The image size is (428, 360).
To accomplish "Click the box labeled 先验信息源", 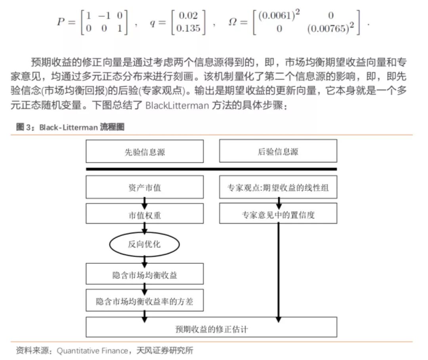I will pyautogui.click(x=145, y=151).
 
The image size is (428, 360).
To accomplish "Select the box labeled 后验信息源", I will pyautogui.click(x=278, y=151).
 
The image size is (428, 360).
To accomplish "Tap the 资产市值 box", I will pyautogui.click(x=145, y=187).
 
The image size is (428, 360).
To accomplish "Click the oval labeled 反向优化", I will pyautogui.click(x=144, y=244).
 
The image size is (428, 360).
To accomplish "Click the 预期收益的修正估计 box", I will pyautogui.click(x=211, y=327).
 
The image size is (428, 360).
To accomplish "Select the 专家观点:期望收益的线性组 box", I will pyautogui.click(x=278, y=187).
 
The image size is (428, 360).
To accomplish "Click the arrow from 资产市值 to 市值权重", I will pyautogui.click(x=145, y=201).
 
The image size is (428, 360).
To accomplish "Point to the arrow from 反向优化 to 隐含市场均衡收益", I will pyautogui.click(x=145, y=259).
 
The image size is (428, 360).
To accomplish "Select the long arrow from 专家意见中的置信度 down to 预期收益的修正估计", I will pyautogui.click(x=279, y=270).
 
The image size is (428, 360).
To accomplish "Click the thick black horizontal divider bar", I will pyautogui.click(x=211, y=169).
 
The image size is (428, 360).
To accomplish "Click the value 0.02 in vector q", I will pyautogui.click(x=189, y=16).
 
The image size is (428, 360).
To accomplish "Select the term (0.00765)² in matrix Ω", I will pyautogui.click(x=331, y=29).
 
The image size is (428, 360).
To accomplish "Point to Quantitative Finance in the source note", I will pyautogui.click(x=93, y=350).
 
